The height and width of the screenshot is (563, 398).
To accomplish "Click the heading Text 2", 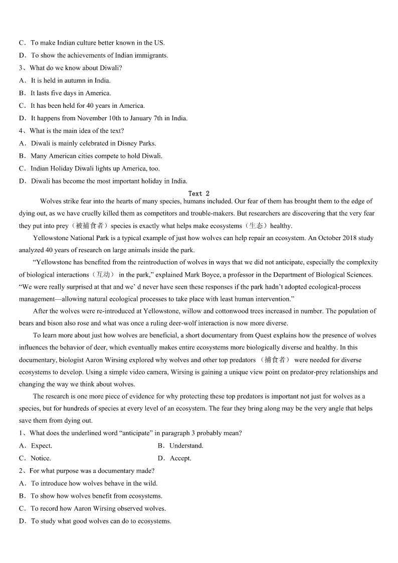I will tap(199, 194).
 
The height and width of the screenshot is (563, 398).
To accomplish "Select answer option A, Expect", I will tap(41, 446).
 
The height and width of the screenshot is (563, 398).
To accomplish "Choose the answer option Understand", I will tap(186, 446).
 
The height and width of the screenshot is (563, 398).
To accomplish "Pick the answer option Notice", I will tap(41, 458).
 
